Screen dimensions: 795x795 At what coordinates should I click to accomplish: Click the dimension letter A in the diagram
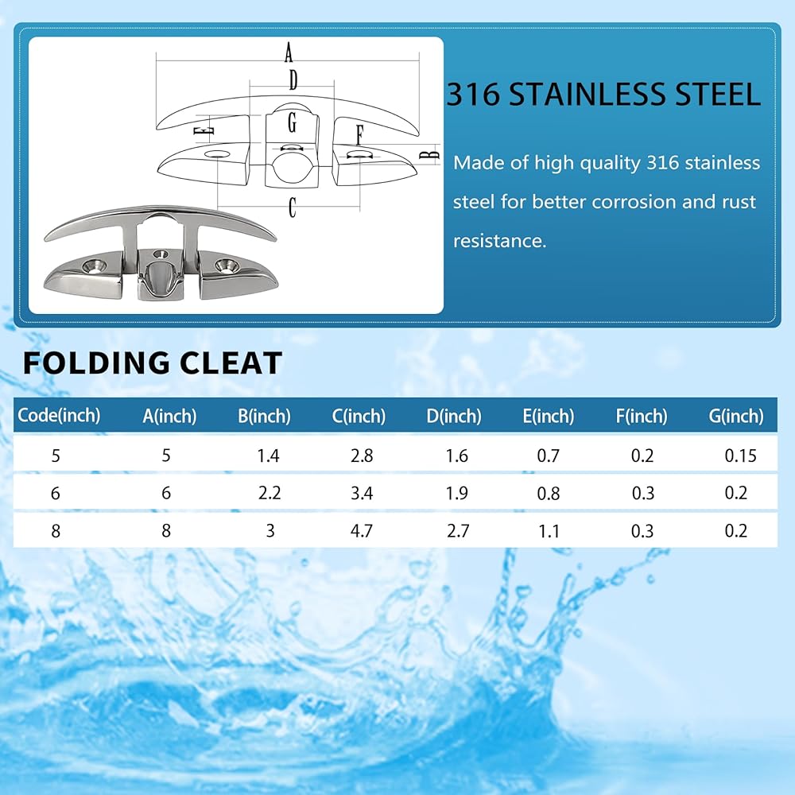pos(289,52)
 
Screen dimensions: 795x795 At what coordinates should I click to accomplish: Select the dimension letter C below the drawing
pos(292,207)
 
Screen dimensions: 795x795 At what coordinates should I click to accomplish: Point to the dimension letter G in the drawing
pos(292,122)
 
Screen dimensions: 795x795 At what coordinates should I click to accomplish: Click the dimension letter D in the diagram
pos(293,79)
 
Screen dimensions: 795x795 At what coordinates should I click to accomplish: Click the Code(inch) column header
pos(59,415)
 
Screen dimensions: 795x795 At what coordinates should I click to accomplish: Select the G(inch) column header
pos(735,417)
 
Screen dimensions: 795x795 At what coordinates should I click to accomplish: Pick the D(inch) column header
pos(454,417)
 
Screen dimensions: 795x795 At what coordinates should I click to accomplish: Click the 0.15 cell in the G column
pos(740,456)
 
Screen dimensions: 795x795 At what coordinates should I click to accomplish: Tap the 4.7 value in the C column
pos(362,531)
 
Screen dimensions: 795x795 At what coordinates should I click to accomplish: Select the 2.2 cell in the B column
pos(270,493)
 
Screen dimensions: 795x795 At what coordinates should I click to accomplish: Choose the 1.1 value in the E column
pos(549,531)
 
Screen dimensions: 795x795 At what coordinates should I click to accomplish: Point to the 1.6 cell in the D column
pos(456,456)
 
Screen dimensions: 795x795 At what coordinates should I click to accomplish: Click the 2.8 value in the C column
pos(362,456)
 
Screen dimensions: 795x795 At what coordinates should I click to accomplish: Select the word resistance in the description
pos(499,241)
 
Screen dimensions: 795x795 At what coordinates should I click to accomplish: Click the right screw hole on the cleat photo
pos(227,264)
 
